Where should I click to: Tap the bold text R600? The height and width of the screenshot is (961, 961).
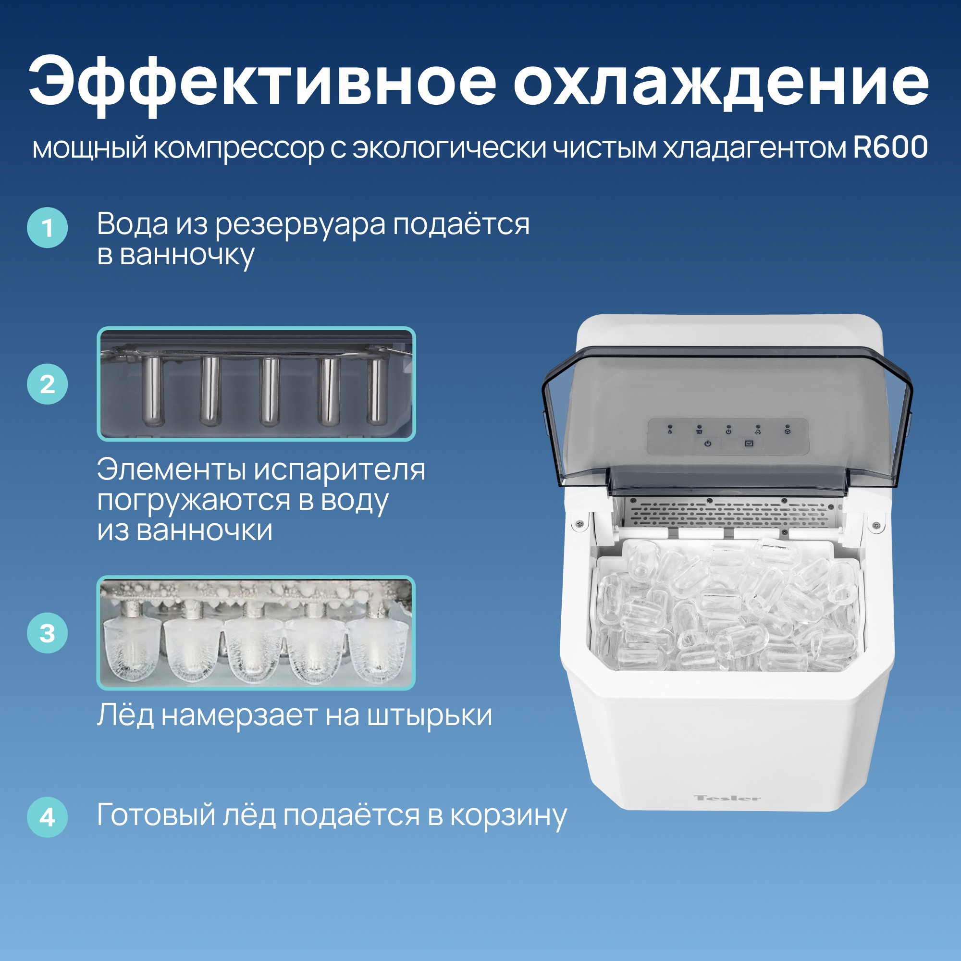pos(890,148)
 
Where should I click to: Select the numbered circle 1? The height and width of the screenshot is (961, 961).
pos(47,228)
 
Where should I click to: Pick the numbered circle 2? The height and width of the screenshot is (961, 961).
pos(47,384)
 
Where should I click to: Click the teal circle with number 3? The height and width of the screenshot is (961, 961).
pos(47,633)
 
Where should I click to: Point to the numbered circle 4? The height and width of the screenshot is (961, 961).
pos(47,817)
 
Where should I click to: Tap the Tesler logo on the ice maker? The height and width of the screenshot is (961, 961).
pos(727,798)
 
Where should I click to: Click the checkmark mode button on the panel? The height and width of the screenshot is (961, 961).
pos(749,443)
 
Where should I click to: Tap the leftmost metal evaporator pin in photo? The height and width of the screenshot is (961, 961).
pos(152,392)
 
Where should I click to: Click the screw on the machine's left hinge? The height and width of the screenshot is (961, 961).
pos(579,523)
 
